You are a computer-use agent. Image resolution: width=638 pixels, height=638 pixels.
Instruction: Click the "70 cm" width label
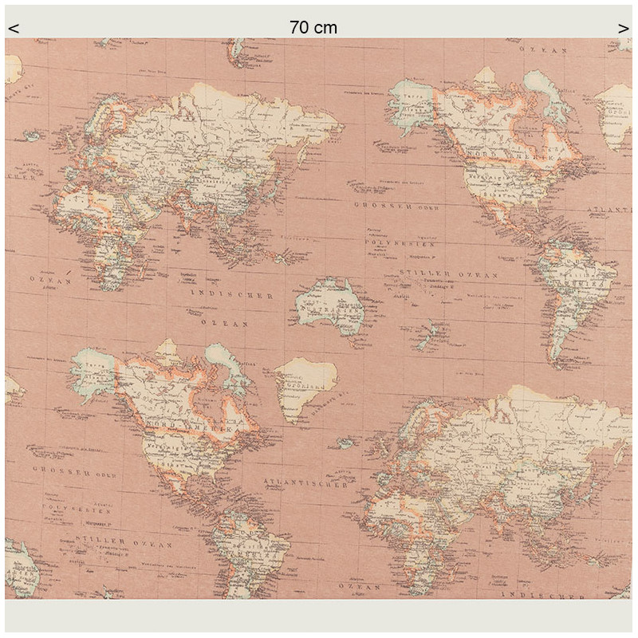click(313, 28)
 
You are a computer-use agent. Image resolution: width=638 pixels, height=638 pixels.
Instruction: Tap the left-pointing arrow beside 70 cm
click(14, 30)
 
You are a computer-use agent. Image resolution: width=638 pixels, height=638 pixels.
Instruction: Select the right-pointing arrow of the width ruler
click(623, 30)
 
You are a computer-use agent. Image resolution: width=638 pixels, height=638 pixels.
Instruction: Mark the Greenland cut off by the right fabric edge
click(615, 116)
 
